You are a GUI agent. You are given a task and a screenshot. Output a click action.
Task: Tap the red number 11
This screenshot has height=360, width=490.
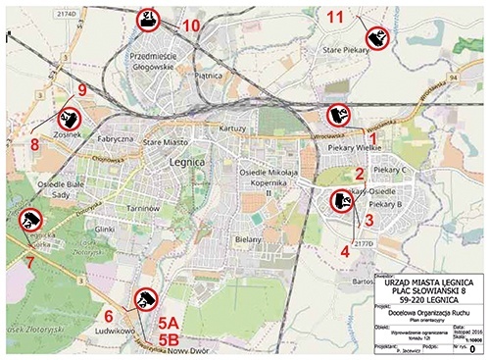click(336, 17)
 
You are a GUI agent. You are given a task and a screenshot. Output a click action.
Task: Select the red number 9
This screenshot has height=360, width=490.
click(82, 90)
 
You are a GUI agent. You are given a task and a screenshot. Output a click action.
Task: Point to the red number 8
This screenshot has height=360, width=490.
click(34, 144)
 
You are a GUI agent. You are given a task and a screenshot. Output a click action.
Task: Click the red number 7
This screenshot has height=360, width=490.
click(28, 262)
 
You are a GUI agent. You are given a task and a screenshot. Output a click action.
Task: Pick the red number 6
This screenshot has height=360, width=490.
click(109, 315)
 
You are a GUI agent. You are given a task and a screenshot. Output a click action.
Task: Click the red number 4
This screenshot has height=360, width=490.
click(345, 250)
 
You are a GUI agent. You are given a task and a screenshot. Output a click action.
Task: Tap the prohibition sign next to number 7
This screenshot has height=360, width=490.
click(30, 221)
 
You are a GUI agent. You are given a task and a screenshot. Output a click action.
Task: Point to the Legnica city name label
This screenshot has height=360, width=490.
click(185, 161)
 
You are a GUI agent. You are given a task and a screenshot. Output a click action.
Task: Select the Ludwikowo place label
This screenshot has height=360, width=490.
click(113, 331)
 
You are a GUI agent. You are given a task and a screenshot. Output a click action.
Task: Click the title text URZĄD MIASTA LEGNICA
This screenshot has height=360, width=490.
click(429, 283)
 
